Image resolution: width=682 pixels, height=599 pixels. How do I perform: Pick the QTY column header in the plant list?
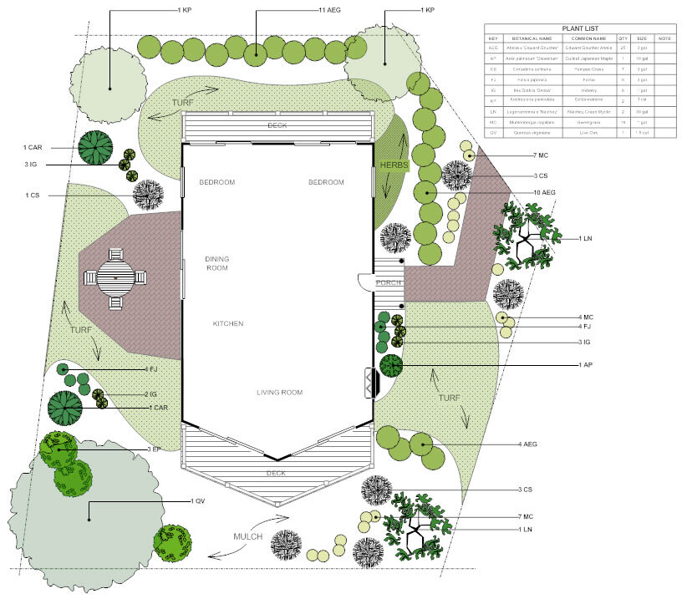pyautogui.click(x=623, y=38)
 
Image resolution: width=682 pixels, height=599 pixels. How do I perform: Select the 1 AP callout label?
pyautogui.click(x=584, y=365)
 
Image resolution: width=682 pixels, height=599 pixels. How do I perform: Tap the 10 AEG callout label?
pyautogui.click(x=543, y=193)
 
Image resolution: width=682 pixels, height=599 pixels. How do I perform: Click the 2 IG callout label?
pyautogui.click(x=152, y=394)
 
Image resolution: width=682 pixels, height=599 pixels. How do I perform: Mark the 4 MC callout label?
pyautogui.click(x=585, y=317)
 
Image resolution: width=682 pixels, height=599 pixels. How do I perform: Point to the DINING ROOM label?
pyautogui.click(x=216, y=264)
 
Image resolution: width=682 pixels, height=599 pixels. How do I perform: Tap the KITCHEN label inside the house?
pyautogui.click(x=227, y=323)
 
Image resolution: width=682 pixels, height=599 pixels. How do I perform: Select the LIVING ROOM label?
pyautogui.click(x=278, y=393)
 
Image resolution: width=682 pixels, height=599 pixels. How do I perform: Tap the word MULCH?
pyautogui.click(x=248, y=536)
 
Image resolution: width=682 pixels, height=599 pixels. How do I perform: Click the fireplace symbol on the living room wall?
pyautogui.click(x=369, y=383)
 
